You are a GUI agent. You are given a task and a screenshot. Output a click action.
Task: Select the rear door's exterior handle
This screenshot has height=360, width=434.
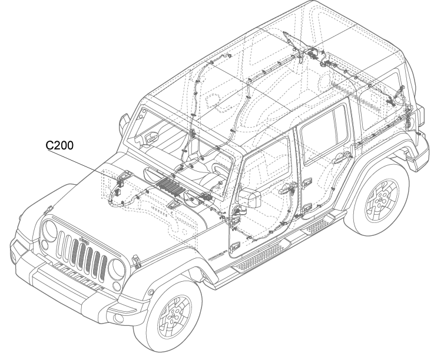pos(340,158)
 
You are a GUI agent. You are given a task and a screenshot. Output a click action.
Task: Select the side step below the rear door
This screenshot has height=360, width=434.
pos(318,226)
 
